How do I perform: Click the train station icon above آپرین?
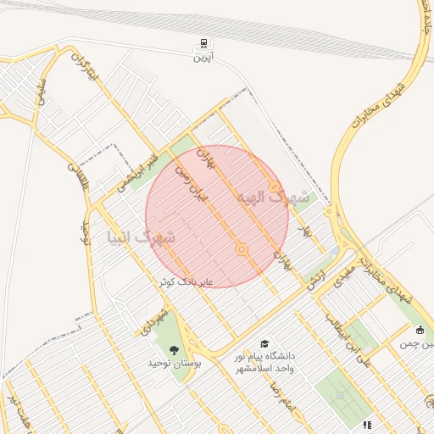click(203, 43)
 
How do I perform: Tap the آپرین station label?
click(203, 58)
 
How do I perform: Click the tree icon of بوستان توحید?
click(175, 349)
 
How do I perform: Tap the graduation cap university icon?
click(264, 344)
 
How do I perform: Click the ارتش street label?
click(317, 274)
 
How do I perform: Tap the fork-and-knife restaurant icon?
click(367, 424)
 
